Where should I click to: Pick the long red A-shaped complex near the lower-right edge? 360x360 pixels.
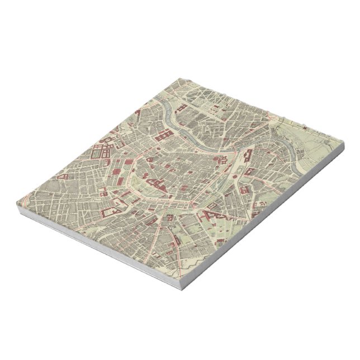click(213, 215)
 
